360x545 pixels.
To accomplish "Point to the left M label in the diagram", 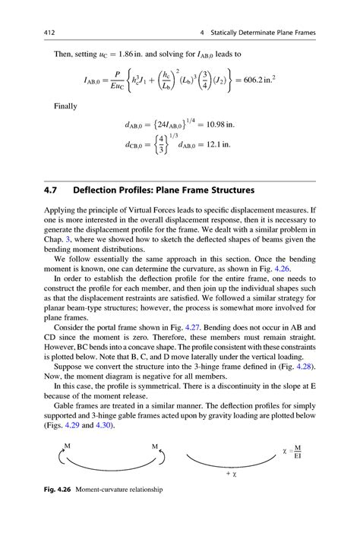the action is (x=68, y=446).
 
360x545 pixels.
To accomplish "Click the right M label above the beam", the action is (x=155, y=446).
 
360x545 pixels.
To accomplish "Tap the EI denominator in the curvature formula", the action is (x=299, y=458).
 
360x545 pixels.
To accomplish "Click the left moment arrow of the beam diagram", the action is (x=59, y=457).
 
